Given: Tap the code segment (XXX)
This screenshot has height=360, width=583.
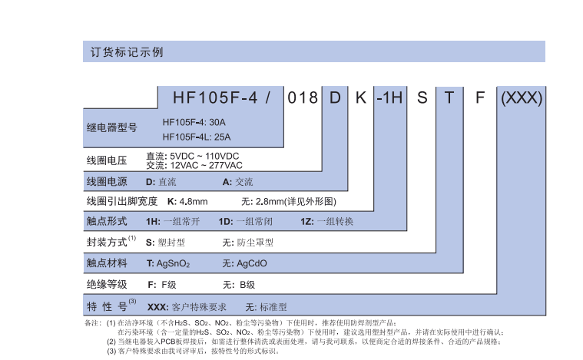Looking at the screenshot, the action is coord(522,98).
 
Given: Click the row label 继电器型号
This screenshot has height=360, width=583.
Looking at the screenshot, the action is coord(111,127).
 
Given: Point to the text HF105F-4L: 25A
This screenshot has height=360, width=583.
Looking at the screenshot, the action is coord(197,137).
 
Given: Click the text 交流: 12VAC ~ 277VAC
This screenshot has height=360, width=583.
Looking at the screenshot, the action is coord(194,166).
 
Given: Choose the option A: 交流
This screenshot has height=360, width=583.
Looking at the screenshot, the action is coord(237,182).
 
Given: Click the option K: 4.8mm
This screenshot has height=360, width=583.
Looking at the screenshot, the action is coord(187,202).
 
